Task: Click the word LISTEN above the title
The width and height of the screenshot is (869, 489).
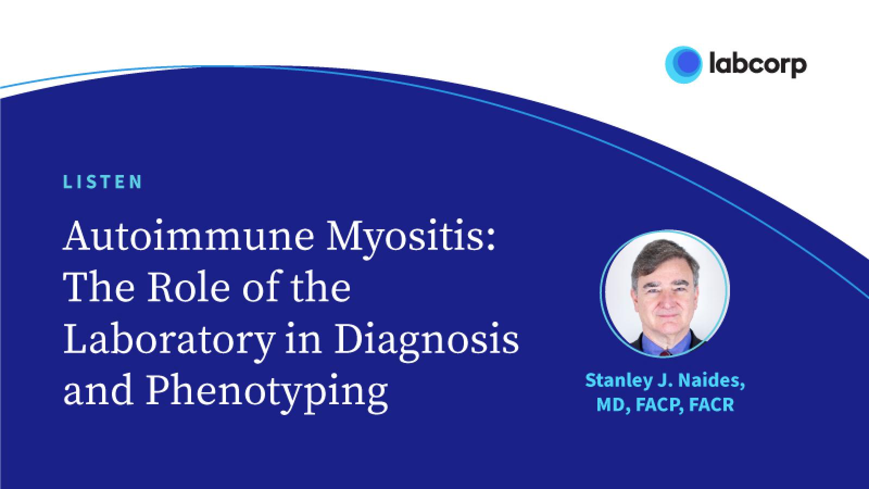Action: click(103, 182)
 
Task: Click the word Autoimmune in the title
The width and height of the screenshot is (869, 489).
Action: click(188, 236)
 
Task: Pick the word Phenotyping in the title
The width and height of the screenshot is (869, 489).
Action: click(267, 393)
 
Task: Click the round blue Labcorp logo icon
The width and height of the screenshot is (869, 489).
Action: click(684, 65)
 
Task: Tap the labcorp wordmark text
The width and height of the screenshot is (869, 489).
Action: click(758, 65)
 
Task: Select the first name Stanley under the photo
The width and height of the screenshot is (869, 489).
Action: click(619, 381)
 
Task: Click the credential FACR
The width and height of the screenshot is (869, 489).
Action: click(711, 405)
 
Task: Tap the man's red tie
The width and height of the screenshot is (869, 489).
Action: click(666, 353)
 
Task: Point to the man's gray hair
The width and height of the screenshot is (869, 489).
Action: click(664, 256)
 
